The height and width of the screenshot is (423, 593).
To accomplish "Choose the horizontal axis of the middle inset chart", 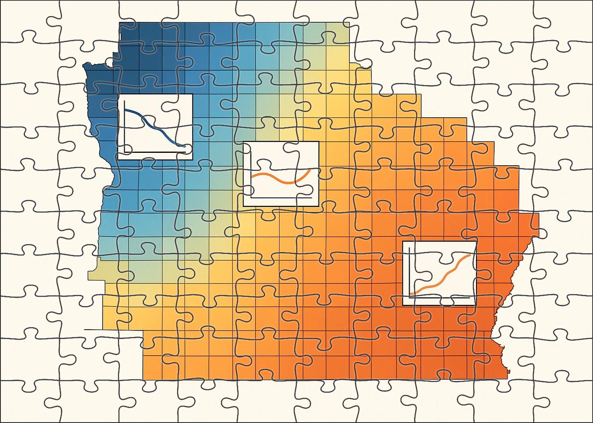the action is click(x=281, y=197).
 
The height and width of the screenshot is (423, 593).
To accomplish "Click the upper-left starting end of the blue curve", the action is click(x=126, y=110).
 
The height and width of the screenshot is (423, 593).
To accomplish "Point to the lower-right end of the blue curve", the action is click(x=184, y=146).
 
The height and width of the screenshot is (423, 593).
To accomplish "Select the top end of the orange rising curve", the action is click(x=470, y=255).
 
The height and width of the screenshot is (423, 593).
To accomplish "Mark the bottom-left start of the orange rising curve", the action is click(x=411, y=293).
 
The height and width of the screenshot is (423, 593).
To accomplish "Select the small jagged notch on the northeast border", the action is click(x=364, y=65).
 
